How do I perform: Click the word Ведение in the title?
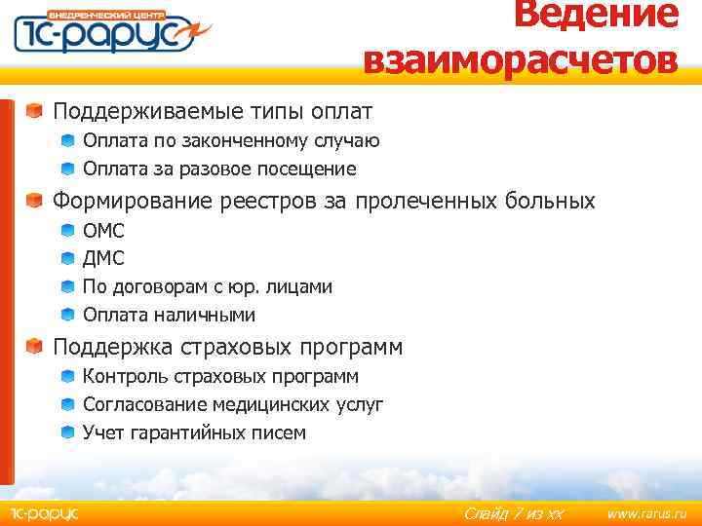coord(596,15)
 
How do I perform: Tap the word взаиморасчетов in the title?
coord(520,60)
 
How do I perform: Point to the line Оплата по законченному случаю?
coord(231,141)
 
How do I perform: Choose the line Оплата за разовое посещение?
coord(219,169)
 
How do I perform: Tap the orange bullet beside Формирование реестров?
coord(34,201)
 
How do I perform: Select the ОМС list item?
coord(103,231)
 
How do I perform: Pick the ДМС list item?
coord(103,259)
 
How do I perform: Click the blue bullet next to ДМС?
coord(66,259)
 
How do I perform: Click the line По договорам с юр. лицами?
coord(207,287)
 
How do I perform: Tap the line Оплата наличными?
coord(169,316)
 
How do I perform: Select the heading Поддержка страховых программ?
coord(227,347)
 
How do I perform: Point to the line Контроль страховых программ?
coord(220,376)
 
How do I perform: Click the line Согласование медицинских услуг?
coord(233,404)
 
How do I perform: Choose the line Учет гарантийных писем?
coord(194,432)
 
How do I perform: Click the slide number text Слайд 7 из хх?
coord(514,513)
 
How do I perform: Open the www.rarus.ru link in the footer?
coord(646,512)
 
